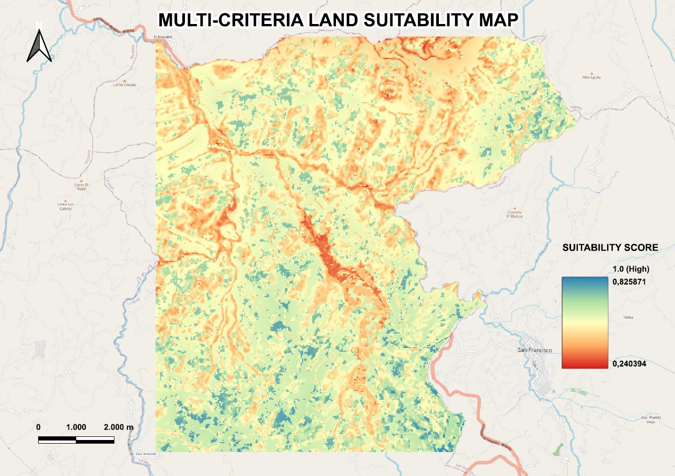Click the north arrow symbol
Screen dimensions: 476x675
pyautogui.click(x=39, y=44)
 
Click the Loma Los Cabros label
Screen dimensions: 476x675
pyautogui.click(x=65, y=206)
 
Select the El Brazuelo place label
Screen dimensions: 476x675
pyautogui.click(x=162, y=37)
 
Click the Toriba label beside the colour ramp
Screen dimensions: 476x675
pyautogui.click(x=628, y=317)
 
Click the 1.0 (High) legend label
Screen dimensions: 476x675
pyautogui.click(x=631, y=270)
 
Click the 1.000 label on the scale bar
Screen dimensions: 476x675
pyautogui.click(x=76, y=427)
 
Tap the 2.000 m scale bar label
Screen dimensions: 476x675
pyautogui.click(x=119, y=427)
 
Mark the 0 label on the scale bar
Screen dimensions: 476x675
pyautogui.click(x=39, y=427)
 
